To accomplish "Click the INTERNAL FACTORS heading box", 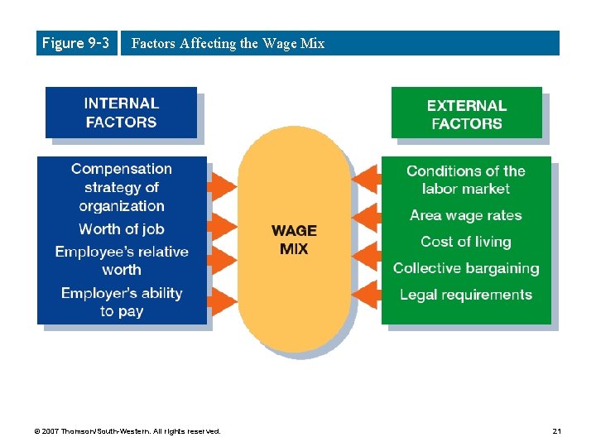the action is (121, 113).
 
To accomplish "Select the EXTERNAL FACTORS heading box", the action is (466, 114).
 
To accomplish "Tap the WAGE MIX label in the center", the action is (294, 239).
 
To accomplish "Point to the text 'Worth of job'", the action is (122, 229).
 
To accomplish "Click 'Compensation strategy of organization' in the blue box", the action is (122, 188).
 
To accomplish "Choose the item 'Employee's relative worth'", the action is (122, 261).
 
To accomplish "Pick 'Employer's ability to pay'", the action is (122, 302).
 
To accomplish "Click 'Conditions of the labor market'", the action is (466, 180).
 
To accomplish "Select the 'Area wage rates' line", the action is (466, 215).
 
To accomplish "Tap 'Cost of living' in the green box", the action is (466, 242).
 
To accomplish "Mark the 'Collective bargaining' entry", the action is (466, 268).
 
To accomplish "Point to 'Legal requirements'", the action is (466, 295).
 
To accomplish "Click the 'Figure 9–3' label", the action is (75, 43).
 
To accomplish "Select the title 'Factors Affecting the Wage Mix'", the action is (228, 44).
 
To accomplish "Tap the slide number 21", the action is (556, 431).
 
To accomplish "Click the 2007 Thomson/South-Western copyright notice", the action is (128, 431).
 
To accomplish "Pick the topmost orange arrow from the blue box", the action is (221, 182).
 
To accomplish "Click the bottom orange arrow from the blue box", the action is (221, 299).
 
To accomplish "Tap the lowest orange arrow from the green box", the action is (366, 295).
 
